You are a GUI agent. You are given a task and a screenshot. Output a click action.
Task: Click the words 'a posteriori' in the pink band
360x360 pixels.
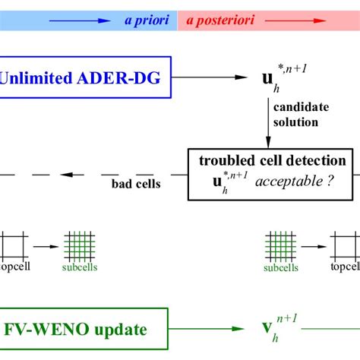(x=216, y=21)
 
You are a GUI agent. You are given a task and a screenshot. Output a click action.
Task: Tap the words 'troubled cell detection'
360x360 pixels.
(x=273, y=160)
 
